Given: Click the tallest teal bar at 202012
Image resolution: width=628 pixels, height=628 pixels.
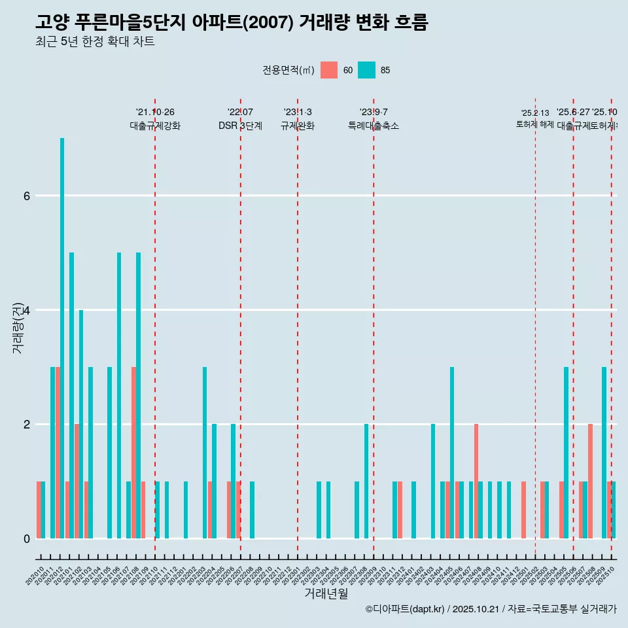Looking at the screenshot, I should pos(62,338).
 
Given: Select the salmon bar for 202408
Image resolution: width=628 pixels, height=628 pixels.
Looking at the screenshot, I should pos(476,481).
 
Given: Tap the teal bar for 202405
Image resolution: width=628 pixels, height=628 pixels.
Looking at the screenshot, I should pos(452,453).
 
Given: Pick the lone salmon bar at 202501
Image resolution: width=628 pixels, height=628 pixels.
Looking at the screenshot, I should pos(523,510).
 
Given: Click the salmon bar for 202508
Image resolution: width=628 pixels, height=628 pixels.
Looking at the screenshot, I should pos(590,481).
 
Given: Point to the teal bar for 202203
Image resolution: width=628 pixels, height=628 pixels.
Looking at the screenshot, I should pos(205,453).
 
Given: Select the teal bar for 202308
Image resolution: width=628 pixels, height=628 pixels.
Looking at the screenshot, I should pos(366,481).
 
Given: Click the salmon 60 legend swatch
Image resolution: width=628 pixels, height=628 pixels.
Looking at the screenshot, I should pos(329,70).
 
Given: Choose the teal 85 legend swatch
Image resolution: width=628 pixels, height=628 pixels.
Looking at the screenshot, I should pos(367,70).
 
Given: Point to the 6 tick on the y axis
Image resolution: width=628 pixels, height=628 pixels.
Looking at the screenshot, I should pos(26,196).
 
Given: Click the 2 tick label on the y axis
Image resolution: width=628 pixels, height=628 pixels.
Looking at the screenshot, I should pos(26,425).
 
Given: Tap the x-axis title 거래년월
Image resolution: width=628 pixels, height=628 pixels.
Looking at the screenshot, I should pos(326,593).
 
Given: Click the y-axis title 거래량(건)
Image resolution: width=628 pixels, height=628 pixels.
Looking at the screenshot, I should pos(18,327).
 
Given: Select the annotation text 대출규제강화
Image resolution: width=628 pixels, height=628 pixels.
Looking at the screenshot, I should pos(155,126).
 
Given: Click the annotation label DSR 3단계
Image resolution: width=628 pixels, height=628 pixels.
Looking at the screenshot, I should pos(240,126).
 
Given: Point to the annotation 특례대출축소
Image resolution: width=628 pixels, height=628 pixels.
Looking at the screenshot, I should pos(373,126).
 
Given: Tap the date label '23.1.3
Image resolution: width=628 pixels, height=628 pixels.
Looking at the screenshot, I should pos(298,112).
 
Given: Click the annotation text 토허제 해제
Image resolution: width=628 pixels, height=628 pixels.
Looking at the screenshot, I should pos(534,124).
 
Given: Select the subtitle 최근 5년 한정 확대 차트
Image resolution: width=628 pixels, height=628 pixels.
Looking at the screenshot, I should pos(95,42).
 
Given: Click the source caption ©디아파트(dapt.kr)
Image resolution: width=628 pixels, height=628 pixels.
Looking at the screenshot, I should pos(405,609).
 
